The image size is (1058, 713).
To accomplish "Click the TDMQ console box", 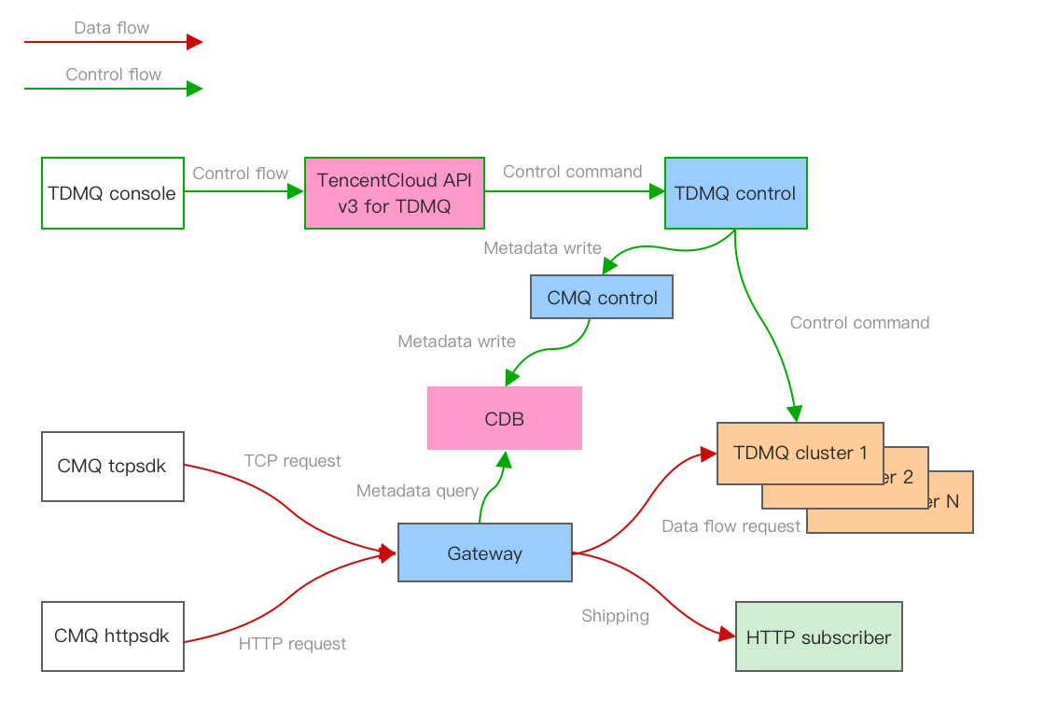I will tap(112, 193).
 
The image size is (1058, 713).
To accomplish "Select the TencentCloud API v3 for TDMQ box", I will tap(395, 193).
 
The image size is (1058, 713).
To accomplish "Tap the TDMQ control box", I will tap(735, 193).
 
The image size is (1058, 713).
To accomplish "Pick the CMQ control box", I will tap(602, 298).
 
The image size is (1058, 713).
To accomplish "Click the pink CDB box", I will tap(505, 418).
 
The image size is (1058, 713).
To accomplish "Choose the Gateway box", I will tap(485, 553).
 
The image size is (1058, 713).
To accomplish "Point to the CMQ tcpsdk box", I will tap(112, 466).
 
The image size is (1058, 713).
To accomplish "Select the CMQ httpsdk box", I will tap(112, 636).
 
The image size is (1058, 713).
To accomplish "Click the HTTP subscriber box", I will tap(818, 637).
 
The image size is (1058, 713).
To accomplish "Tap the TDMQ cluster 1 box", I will tap(800, 454).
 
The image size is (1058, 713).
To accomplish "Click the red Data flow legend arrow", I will tap(112, 42).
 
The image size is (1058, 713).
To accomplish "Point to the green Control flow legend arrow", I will tap(112, 89).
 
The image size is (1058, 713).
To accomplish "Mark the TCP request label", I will tap(292, 461).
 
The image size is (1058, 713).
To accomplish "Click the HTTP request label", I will tap(292, 644).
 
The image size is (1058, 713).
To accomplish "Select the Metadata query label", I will tap(417, 491).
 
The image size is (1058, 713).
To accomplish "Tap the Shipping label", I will tap(615, 616).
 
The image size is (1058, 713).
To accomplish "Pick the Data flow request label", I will tap(731, 526).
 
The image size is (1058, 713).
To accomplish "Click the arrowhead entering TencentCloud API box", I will tap(296, 192).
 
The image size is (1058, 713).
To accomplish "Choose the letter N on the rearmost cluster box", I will tap(952, 501).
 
